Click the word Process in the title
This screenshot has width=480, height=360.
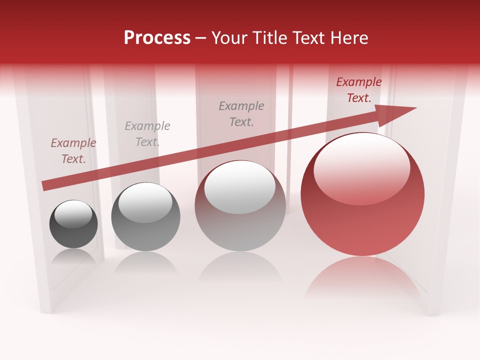[x=157, y=37]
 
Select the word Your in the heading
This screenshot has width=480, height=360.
[x=230, y=37]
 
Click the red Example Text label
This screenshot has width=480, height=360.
[x=358, y=90]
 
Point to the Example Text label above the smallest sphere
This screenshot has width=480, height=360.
[x=73, y=151]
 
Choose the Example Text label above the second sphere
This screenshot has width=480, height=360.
[x=147, y=134]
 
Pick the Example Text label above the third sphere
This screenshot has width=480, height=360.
[x=241, y=113]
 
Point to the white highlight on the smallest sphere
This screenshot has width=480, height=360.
[x=73, y=214]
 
